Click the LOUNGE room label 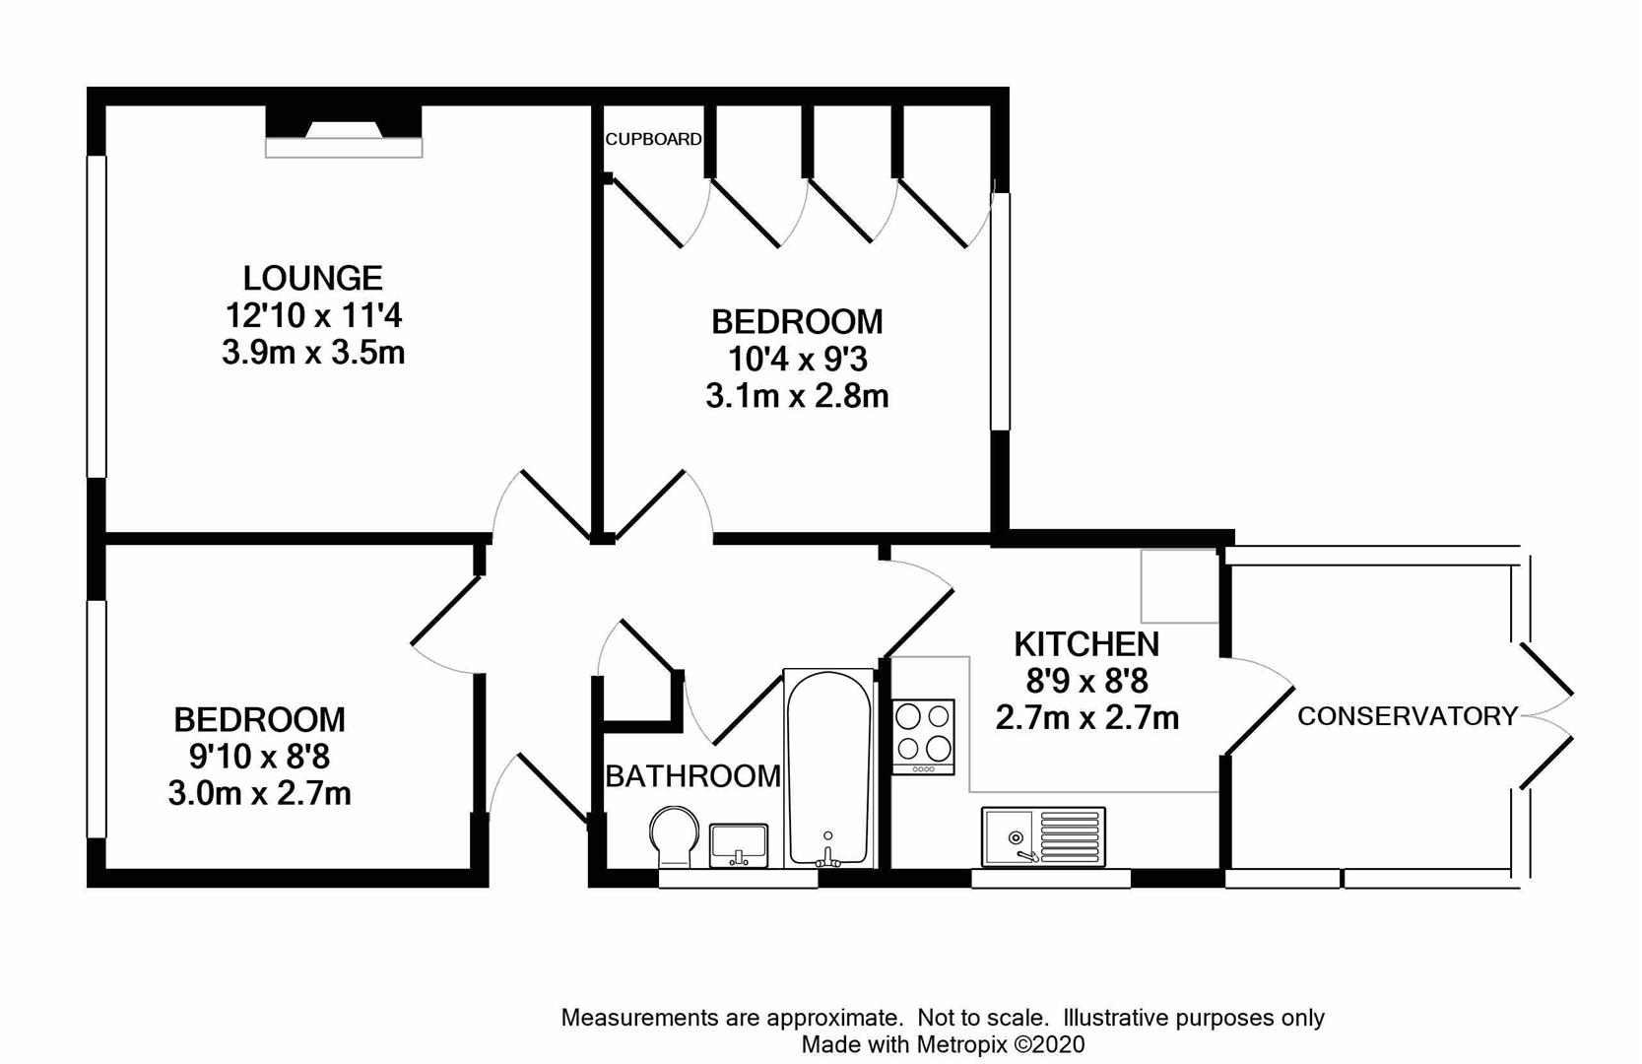pos(313,279)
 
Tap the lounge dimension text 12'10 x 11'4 pos(314,316)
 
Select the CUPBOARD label pos(653,139)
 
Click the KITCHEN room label pos(1087,644)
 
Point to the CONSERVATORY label pos(1408,715)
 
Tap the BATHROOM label pos(692,775)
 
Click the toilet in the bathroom pos(675,836)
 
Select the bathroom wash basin pos(739,845)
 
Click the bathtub pos(828,768)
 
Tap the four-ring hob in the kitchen pos(924,736)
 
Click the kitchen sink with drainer pos(1044,836)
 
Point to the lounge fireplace pos(344,131)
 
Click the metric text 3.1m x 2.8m pos(798,396)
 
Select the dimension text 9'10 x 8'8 pos(259,757)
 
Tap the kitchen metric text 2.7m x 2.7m pos(1087,718)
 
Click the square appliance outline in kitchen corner pos(1179,585)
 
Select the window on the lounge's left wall pos(97,317)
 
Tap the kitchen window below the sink pos(1051,879)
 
